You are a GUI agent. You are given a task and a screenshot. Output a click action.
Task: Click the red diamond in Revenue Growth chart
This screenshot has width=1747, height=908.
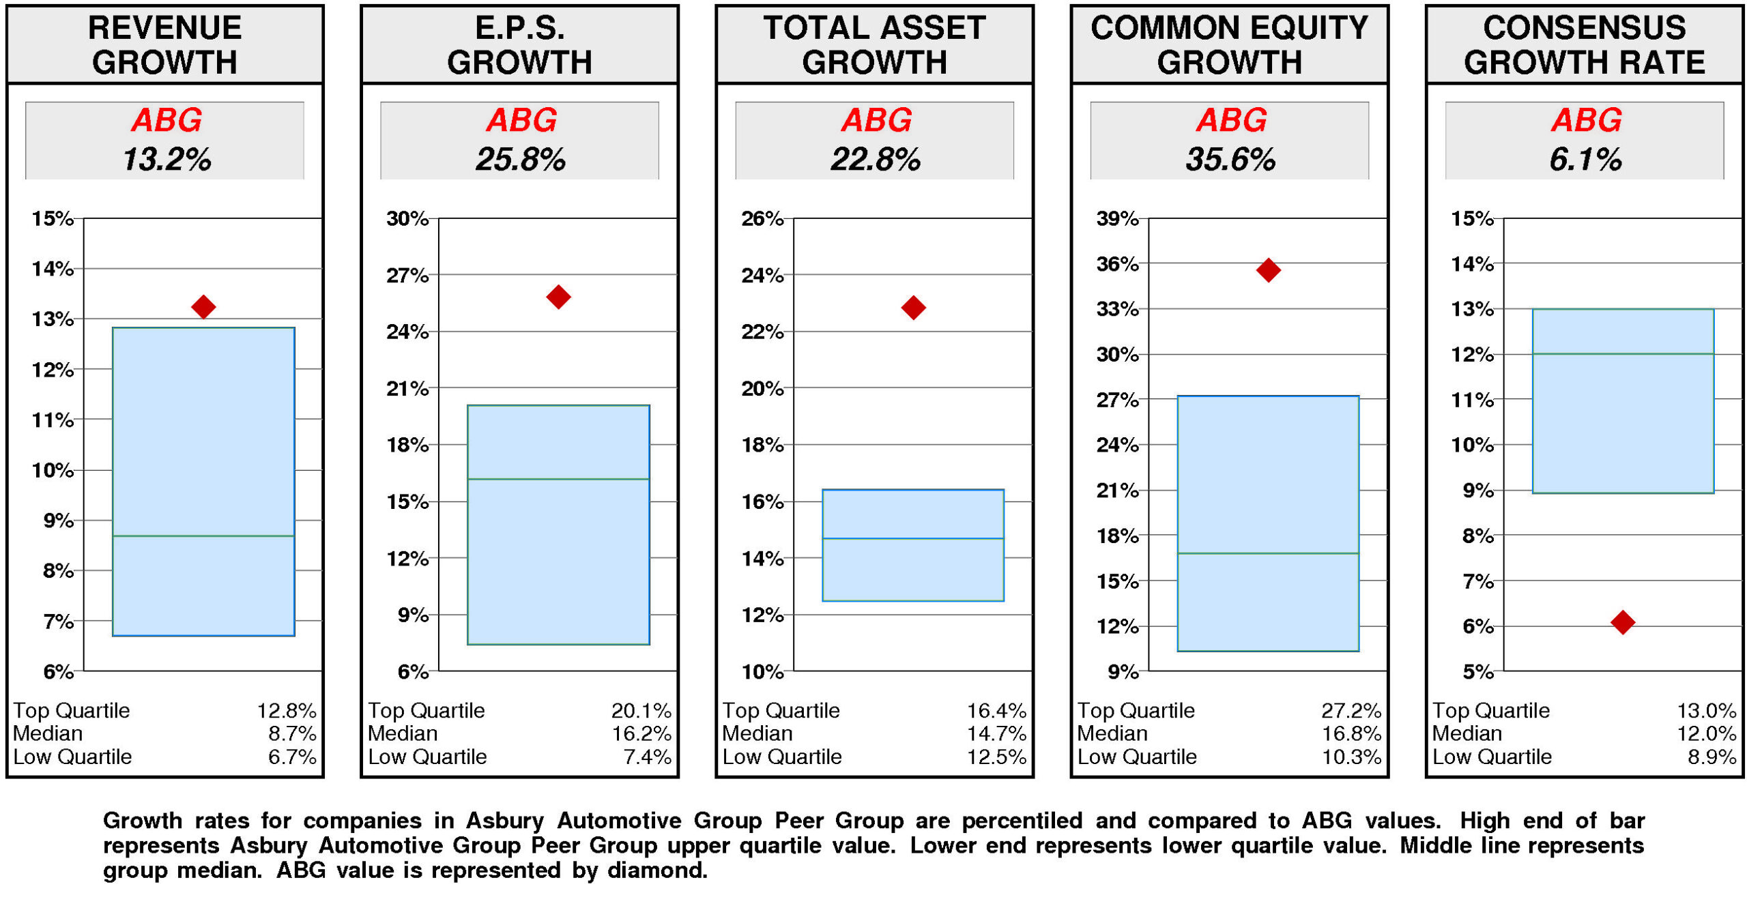pyautogui.click(x=203, y=307)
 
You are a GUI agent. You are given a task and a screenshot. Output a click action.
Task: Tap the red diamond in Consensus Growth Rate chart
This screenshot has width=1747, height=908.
pyautogui.click(x=1622, y=621)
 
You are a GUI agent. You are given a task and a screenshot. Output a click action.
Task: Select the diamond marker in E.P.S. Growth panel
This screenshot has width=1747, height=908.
pyautogui.click(x=558, y=297)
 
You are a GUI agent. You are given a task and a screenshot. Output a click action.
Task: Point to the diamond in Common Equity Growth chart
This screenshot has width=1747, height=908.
pyautogui.click(x=1268, y=270)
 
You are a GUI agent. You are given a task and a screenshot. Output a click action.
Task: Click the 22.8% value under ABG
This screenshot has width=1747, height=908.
pyautogui.click(x=875, y=160)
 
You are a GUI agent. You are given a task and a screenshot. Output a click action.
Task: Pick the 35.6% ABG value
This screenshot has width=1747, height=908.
pyautogui.click(x=1230, y=160)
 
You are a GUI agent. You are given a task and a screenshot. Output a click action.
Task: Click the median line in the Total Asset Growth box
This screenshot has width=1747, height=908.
pyautogui.click(x=913, y=538)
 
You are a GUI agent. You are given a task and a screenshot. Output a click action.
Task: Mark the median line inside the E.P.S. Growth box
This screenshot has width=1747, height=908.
pyautogui.click(x=558, y=479)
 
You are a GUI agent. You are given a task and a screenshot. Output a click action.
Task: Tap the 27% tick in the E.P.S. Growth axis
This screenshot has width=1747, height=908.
pyautogui.click(x=407, y=276)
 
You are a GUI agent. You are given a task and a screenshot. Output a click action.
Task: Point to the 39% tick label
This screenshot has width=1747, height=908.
pyautogui.click(x=1117, y=219)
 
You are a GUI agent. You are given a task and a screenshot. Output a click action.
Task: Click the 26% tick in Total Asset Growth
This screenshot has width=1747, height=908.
pyautogui.click(x=762, y=219)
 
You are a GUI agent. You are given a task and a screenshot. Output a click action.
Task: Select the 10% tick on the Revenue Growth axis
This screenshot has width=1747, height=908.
pyautogui.click(x=53, y=470)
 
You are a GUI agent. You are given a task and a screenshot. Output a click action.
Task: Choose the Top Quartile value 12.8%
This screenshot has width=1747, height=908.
pyautogui.click(x=287, y=711)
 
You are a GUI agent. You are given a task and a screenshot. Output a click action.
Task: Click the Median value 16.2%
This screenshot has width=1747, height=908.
pyautogui.click(x=641, y=734)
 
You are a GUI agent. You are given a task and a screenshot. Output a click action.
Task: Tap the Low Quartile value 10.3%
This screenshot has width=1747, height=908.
pyautogui.click(x=1351, y=757)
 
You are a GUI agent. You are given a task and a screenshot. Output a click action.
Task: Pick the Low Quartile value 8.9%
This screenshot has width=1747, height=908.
pyautogui.click(x=1712, y=757)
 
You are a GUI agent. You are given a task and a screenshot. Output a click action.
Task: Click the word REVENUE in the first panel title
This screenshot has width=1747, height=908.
pyautogui.click(x=164, y=29)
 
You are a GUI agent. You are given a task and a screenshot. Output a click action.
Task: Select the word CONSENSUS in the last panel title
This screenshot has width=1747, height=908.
pyautogui.click(x=1584, y=29)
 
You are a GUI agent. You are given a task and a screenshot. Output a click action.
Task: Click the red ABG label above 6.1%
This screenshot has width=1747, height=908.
pyautogui.click(x=1586, y=121)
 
